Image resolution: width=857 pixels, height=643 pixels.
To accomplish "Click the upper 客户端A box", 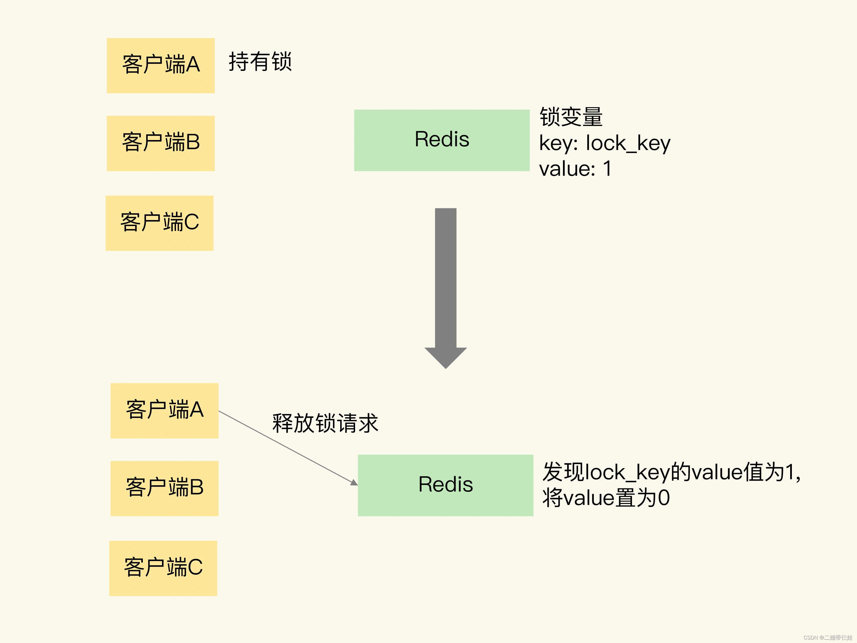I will (x=161, y=65).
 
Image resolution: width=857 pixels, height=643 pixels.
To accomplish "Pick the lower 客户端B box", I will (x=164, y=488).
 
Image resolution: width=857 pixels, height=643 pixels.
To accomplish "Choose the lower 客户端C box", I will (x=163, y=568).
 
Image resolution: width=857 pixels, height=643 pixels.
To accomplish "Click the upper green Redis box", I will (x=442, y=140).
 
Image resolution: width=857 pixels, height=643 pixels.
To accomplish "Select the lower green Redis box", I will (x=446, y=485).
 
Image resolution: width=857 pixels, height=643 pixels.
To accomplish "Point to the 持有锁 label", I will (x=260, y=62).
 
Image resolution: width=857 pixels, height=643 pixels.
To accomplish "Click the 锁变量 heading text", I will (x=571, y=117).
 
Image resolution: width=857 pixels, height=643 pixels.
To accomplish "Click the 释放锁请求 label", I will (x=325, y=423).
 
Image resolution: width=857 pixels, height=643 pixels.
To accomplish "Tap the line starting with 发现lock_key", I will (x=671, y=472).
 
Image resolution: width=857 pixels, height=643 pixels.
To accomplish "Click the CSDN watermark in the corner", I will (x=828, y=637).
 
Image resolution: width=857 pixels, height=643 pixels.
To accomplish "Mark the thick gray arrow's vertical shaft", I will (x=446, y=277).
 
